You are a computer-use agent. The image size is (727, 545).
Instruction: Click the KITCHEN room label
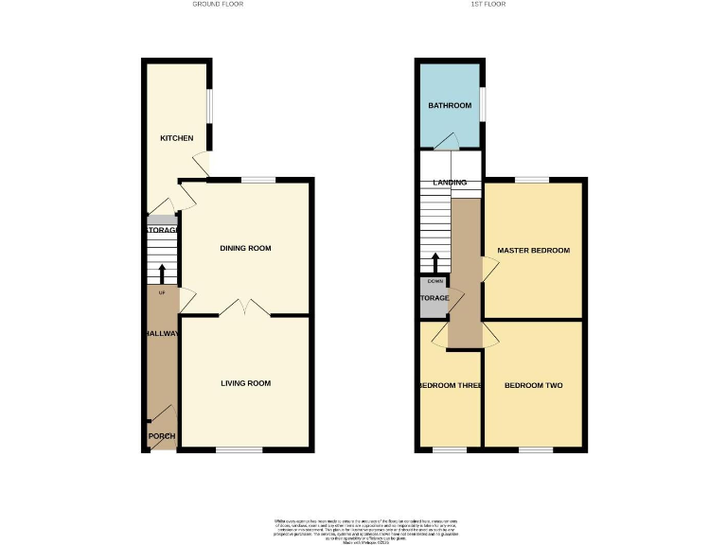[x=176, y=138]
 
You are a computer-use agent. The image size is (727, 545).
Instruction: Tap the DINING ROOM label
[x=245, y=249]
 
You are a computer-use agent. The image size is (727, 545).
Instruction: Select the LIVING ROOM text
[x=245, y=383]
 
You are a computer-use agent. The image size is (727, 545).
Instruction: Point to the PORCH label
[x=162, y=436]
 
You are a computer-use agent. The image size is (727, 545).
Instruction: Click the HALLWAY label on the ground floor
[x=162, y=334]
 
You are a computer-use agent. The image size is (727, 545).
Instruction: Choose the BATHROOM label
[x=450, y=105]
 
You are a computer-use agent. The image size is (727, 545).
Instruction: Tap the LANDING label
[x=450, y=182]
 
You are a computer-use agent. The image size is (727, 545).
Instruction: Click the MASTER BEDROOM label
[x=534, y=250]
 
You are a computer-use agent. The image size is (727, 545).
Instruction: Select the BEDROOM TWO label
[x=534, y=386]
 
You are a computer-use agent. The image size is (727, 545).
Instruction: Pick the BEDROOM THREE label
[x=451, y=386]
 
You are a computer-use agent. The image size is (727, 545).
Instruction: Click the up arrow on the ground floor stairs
[x=162, y=273]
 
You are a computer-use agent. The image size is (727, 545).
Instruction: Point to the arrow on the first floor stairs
[x=435, y=262]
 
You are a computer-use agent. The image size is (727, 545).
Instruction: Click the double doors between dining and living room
[x=245, y=308]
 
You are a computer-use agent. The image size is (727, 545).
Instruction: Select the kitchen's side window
[x=210, y=105]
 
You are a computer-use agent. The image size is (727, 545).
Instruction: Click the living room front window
[x=239, y=450]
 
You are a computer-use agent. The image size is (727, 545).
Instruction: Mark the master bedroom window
[x=532, y=180]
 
